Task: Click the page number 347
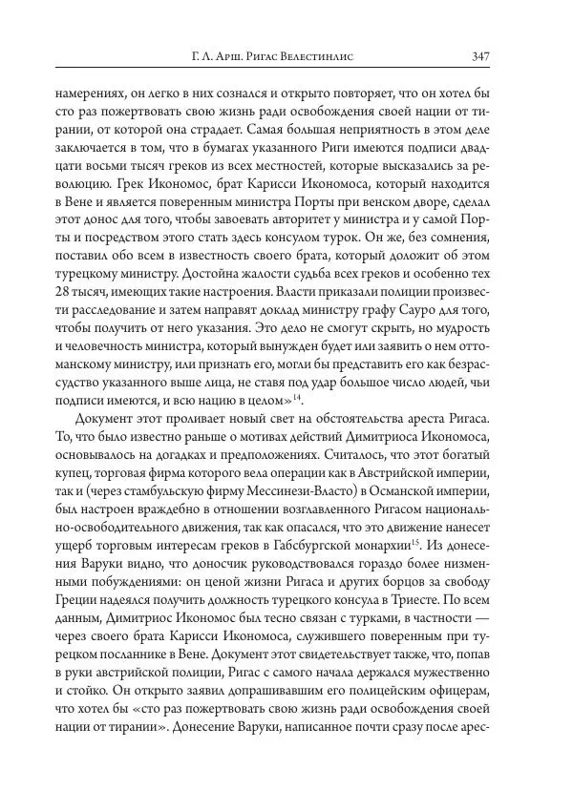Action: [x=480, y=55]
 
